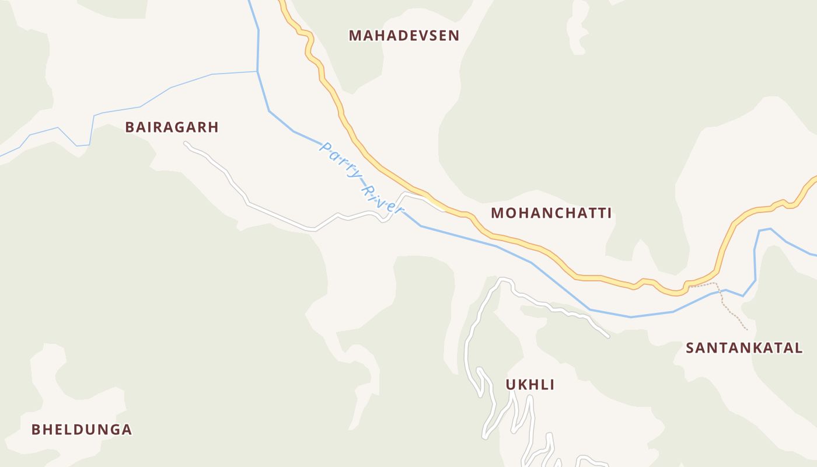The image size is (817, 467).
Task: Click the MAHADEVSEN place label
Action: point(404,36)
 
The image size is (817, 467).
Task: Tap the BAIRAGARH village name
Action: point(172,127)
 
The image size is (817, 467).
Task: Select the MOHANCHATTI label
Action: point(551,213)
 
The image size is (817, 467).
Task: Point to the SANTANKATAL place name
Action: point(744,348)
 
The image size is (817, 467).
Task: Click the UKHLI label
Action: point(530,385)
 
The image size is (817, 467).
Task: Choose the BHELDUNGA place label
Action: point(82,430)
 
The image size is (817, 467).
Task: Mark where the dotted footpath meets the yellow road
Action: point(689,286)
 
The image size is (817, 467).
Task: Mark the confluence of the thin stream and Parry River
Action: point(257,72)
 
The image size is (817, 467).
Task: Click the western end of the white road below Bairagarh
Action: point(186,143)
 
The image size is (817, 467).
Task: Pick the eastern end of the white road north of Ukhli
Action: point(607,336)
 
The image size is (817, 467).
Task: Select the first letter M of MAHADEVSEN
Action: point(354,36)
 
